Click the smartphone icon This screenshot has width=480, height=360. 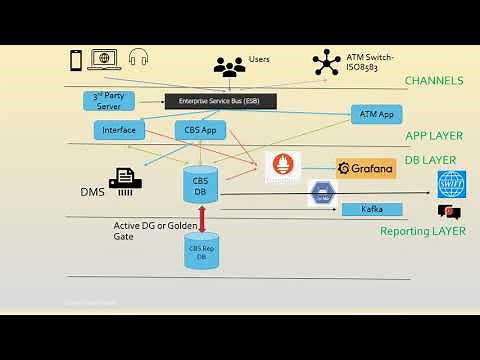pyautogui.click(x=75, y=59)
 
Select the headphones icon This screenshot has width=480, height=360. pyautogui.click(x=138, y=59)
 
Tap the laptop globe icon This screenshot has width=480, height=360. pyautogui.click(x=105, y=59)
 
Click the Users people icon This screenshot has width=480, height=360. pyautogui.click(x=230, y=67)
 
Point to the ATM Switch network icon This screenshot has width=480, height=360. pyautogui.click(x=326, y=62)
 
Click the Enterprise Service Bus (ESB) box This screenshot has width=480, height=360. pyautogui.click(x=220, y=101)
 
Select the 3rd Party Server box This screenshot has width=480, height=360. pyautogui.click(x=107, y=100)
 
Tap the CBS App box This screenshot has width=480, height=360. pyautogui.click(x=201, y=130)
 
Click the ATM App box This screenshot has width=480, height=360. pyautogui.click(x=376, y=115)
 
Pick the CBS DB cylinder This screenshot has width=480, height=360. pyautogui.click(x=200, y=183)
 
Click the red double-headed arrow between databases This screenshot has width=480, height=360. pyautogui.click(x=202, y=216)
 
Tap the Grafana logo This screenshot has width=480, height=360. pyautogui.click(x=366, y=169)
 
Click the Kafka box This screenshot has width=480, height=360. pyautogui.click(x=372, y=209)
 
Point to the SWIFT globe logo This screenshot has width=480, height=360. pyautogui.click(x=452, y=184)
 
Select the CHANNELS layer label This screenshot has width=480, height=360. pyautogui.click(x=434, y=80)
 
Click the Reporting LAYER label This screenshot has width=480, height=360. pyautogui.click(x=422, y=231)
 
